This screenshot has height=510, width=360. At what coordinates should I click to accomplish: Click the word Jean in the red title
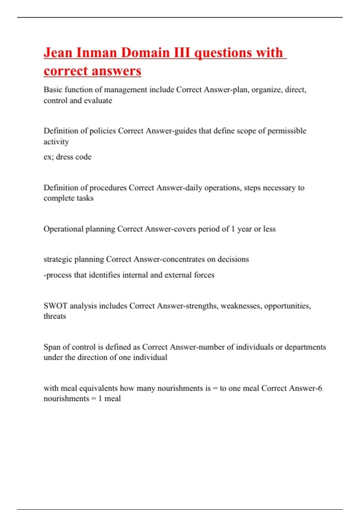(x=58, y=53)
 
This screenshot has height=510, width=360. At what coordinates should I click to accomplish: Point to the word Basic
(x=53, y=90)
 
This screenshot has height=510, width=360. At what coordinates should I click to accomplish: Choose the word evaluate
(x=98, y=100)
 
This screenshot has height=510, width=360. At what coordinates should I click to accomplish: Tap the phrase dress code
(x=73, y=157)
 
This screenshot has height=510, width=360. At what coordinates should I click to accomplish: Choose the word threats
(x=55, y=316)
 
